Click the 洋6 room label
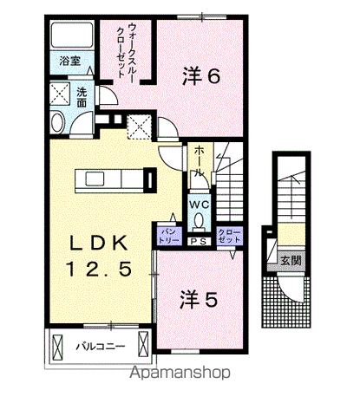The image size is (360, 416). (x=201, y=76)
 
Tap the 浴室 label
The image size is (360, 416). (x=70, y=62)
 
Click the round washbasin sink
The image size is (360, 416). (x=58, y=122)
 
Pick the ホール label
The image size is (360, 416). (x=200, y=161)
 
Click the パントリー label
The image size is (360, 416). (x=168, y=234)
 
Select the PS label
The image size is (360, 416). (x=198, y=241)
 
